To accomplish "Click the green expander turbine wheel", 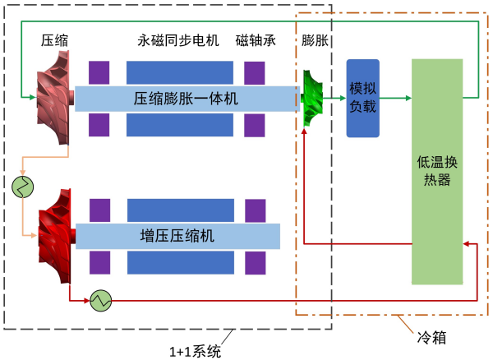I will point(314,100).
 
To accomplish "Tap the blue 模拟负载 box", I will point(362,98).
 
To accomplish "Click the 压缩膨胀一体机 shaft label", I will point(186,99).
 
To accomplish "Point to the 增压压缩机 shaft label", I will point(177,236).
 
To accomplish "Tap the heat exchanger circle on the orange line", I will point(22,186).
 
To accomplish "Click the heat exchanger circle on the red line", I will point(101,301).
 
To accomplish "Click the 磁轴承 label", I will point(256,40).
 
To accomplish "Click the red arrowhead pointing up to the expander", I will point(304,132).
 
